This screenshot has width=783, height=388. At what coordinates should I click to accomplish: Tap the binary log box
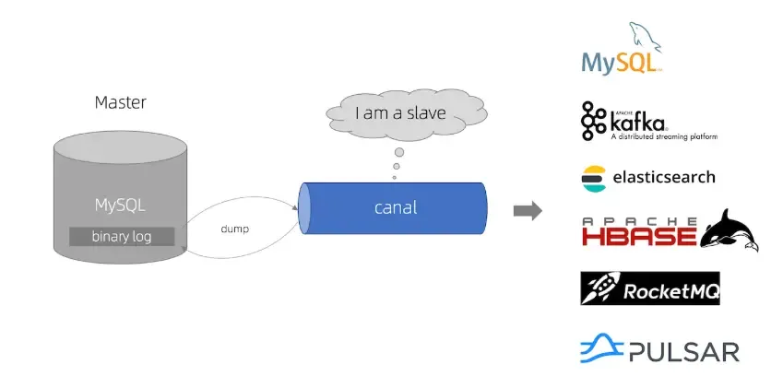click(122, 236)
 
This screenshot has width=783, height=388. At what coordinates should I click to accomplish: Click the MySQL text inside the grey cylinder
click(120, 204)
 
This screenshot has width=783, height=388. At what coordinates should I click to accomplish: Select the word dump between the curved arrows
click(235, 228)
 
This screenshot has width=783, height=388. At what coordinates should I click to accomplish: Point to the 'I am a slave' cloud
click(400, 114)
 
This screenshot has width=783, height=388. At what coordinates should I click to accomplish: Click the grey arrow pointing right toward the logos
click(527, 211)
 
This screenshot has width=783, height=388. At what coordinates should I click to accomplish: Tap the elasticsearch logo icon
click(592, 178)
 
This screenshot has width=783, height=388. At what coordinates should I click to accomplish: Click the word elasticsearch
click(661, 177)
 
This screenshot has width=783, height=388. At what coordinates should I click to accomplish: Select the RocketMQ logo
click(649, 288)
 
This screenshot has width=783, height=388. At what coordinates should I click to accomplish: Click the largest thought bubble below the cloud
click(399, 152)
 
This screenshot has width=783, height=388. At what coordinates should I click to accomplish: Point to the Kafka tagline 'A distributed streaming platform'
click(663, 136)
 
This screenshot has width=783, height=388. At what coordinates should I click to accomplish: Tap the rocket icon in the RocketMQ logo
click(598, 289)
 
